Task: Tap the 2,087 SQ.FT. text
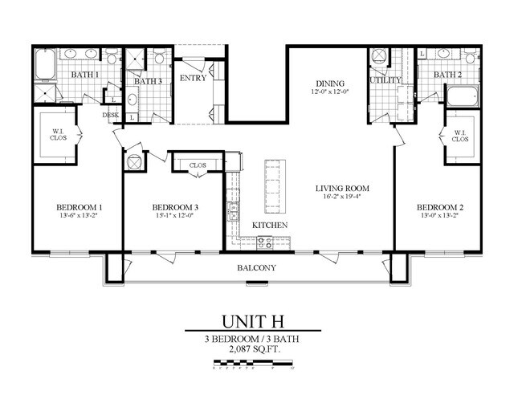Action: point(252,350)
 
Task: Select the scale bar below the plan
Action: point(252,368)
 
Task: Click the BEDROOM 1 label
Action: point(71,206)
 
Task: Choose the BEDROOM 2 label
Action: point(438,206)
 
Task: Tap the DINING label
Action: point(330,83)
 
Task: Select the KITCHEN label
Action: point(270,226)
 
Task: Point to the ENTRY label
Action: point(193,78)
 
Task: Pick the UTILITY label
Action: point(385,80)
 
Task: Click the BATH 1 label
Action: point(85,75)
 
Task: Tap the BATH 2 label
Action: point(447,75)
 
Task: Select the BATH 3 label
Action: point(148,81)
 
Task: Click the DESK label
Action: point(111,115)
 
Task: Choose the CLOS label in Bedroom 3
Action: point(197,166)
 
